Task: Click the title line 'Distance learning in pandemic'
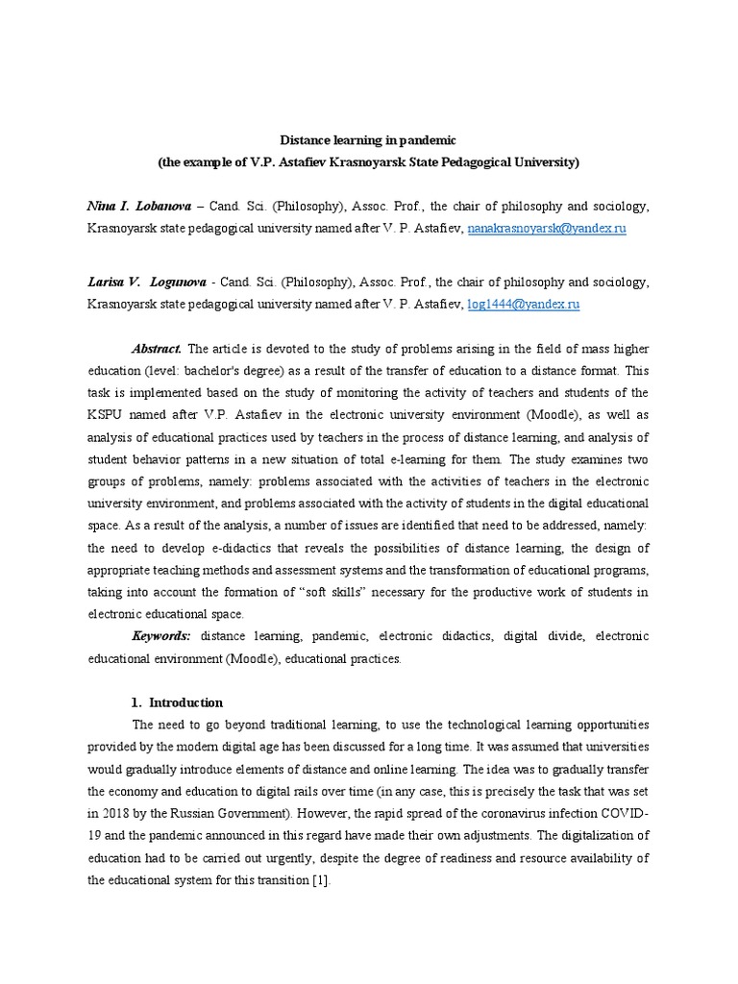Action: [368, 140]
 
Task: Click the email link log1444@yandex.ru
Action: [523, 304]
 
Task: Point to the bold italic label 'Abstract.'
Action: [157, 349]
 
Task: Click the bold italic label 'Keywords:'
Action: [161, 636]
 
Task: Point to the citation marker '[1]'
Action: [320, 880]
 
